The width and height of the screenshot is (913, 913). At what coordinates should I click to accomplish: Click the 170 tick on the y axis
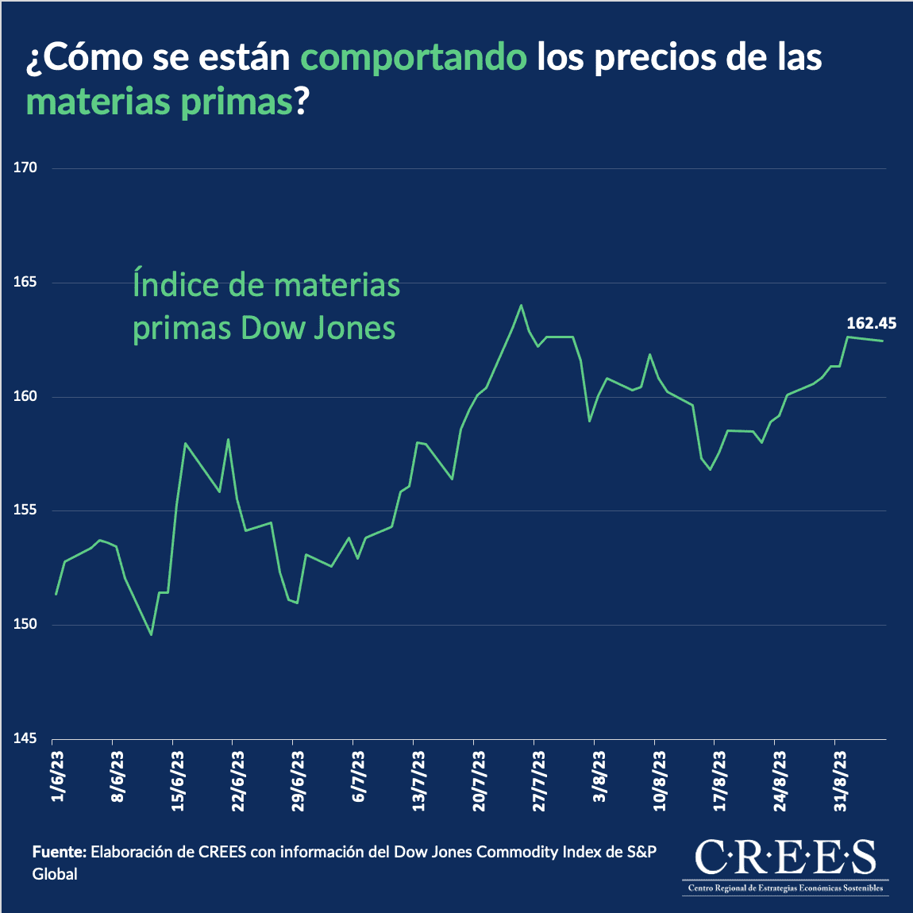pos(25,168)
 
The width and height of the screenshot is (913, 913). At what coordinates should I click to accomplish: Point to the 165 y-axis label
pos(25,283)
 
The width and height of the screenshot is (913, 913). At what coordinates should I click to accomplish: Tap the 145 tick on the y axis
pos(25,739)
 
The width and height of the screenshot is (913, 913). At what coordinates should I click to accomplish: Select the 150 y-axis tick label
pos(25,625)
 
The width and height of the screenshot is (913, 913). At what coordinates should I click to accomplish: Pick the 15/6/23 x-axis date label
pos(178,781)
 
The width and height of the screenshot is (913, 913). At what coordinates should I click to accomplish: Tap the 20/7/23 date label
pos(479,781)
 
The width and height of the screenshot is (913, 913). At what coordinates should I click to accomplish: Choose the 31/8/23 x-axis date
pos(840,781)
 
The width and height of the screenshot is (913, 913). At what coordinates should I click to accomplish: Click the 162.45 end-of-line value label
pos(871,323)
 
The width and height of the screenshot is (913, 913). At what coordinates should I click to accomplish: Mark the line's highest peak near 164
pos(521,306)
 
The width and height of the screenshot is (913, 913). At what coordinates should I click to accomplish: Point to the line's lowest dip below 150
pos(151,634)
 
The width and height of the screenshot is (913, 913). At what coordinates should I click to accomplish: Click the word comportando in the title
pos(414,58)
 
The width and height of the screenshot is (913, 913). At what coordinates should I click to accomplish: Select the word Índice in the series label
pos(176,285)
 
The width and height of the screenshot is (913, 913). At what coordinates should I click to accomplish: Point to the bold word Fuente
pos(59,852)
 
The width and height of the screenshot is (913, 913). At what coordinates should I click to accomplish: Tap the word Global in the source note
pos(55,874)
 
